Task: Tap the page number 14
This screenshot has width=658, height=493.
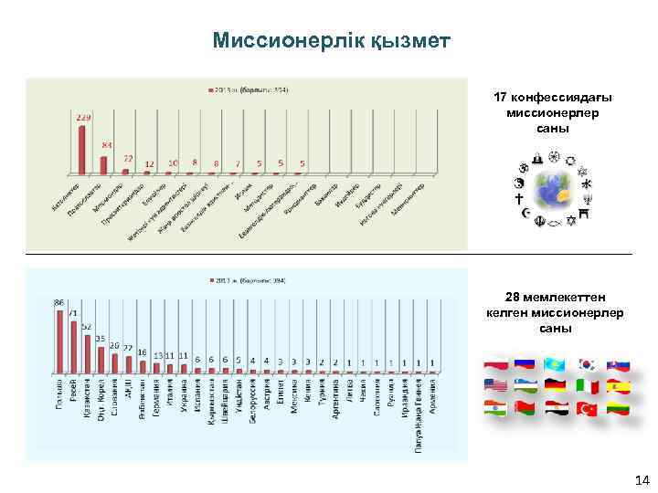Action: (641, 480)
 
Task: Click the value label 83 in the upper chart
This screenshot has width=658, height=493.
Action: (107, 146)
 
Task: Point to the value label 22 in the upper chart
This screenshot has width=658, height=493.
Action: (128, 159)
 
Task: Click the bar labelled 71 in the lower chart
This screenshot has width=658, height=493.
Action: (74, 347)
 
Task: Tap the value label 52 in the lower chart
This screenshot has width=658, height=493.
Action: (87, 326)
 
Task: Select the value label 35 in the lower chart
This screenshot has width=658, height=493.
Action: (101, 338)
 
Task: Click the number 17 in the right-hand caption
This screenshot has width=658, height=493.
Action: (499, 97)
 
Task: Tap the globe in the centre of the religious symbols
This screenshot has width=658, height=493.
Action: (554, 191)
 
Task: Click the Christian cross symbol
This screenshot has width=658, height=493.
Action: (519, 198)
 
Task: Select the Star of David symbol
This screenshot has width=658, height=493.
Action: (572, 220)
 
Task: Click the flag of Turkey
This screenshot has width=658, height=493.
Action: (586, 410)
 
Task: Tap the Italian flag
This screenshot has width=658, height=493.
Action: (587, 387)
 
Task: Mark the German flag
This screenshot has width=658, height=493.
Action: (556, 386)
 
